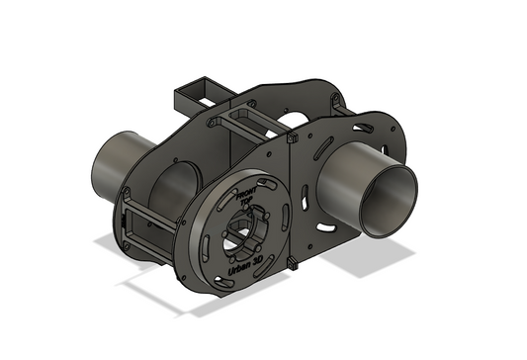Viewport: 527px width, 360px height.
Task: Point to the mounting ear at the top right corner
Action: coord(337,98)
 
